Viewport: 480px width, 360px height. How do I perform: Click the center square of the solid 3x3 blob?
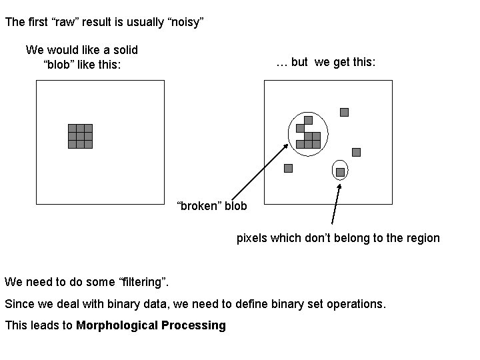pos(80,136)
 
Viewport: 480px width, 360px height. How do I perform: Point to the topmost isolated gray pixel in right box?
pos(344,112)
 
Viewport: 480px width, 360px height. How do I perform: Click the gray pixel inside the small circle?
pos(340,172)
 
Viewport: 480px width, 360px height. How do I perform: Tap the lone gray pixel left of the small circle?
pos(288,168)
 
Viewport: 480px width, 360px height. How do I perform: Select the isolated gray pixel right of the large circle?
pos(356,152)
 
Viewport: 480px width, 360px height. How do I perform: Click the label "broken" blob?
pos(211,205)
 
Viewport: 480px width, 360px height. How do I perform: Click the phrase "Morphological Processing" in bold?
pos(151,325)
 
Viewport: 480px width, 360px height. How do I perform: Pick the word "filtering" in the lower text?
pos(145,282)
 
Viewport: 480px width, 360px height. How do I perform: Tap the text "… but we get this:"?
pos(326,62)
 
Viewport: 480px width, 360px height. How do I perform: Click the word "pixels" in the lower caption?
pos(252,238)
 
